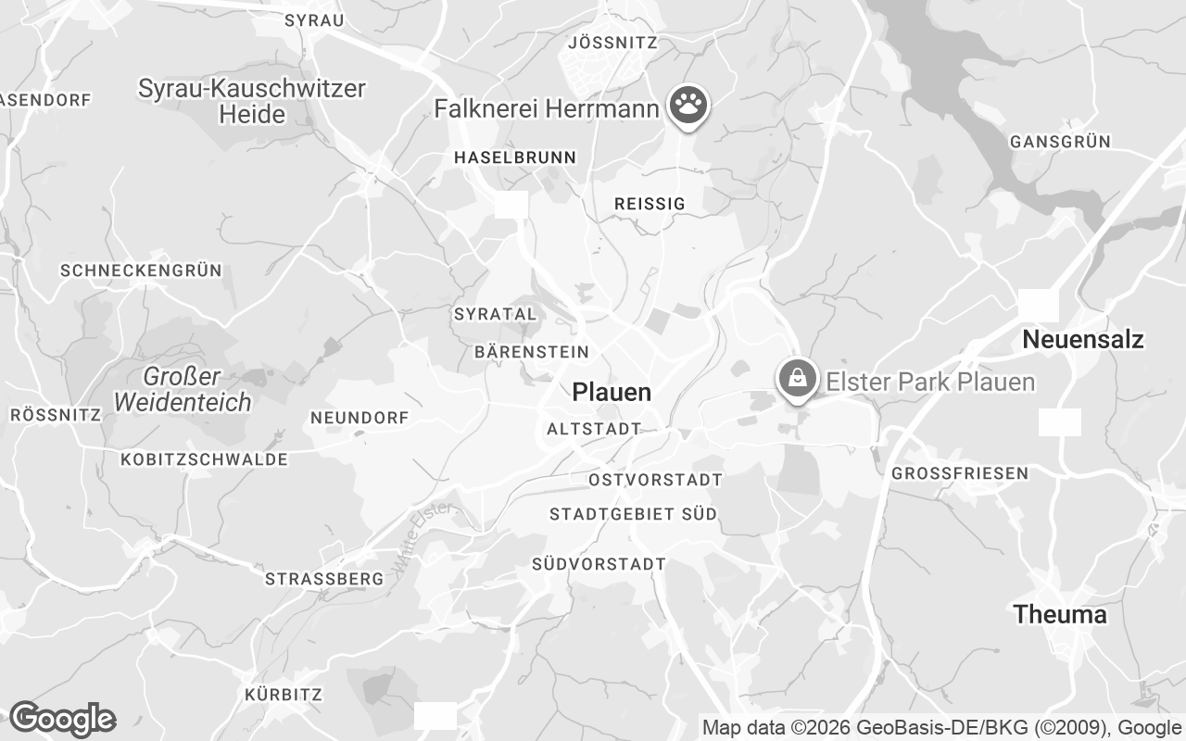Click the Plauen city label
pyautogui.click(x=612, y=392)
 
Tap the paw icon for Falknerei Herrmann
pyautogui.click(x=687, y=107)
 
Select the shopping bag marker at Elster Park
pyautogui.click(x=796, y=379)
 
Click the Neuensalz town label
pyautogui.click(x=1082, y=340)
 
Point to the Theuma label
pyautogui.click(x=1059, y=614)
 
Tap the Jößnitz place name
pyautogui.click(x=612, y=43)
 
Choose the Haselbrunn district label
pyautogui.click(x=514, y=157)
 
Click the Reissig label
pyautogui.click(x=650, y=204)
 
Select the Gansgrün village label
pyautogui.click(x=1060, y=142)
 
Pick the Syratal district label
pyautogui.click(x=495, y=314)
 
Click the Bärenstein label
pyautogui.click(x=531, y=352)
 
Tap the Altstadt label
pyautogui.click(x=594, y=429)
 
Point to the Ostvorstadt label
pyautogui.click(x=655, y=480)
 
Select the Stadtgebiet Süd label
pyautogui.click(x=633, y=514)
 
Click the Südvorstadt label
pyautogui.click(x=599, y=563)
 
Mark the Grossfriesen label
pyautogui.click(x=959, y=473)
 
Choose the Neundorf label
pyautogui.click(x=359, y=419)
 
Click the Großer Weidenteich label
pyautogui.click(x=183, y=390)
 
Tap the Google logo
pyautogui.click(x=62, y=719)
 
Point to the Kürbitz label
pyautogui.click(x=283, y=695)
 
